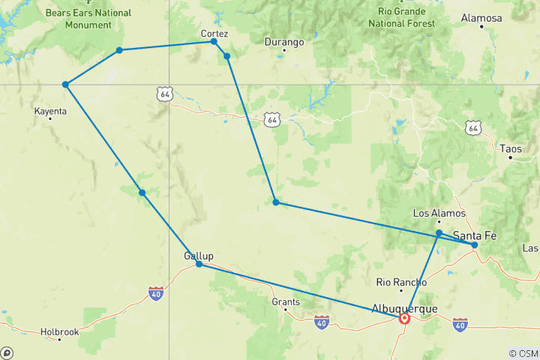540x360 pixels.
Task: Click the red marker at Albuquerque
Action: pos(405,318)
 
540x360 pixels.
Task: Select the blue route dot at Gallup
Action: pos(199,264)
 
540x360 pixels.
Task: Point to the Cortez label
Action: pos(214,34)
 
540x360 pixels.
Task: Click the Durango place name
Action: pos(284,42)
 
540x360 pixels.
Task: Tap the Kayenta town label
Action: pos(51,111)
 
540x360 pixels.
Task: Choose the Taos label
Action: pos(510,148)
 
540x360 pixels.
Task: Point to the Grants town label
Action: pos(286,302)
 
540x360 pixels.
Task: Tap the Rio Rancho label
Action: pos(401,283)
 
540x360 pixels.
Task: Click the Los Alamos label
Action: pos(439,213)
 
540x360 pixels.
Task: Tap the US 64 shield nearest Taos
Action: pos(472,129)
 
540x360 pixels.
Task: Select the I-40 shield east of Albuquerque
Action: pos(460,323)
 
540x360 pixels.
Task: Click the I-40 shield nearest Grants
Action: pos(321,322)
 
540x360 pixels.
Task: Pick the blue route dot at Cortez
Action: pos(214,41)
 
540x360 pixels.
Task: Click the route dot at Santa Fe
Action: pos(474,244)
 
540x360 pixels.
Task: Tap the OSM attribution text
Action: pos(523,352)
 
